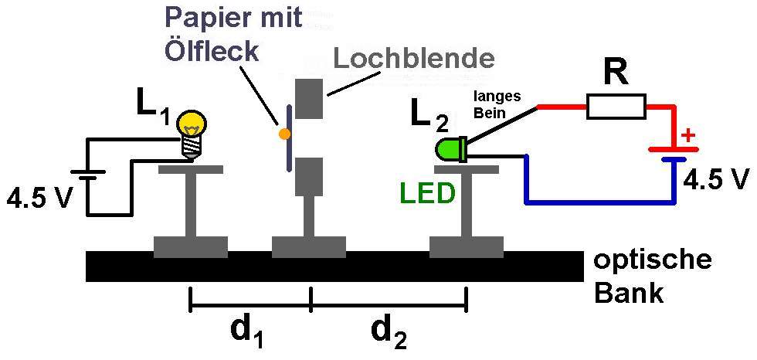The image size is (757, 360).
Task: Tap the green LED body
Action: point(450,150)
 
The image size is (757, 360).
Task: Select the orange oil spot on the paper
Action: point(283,133)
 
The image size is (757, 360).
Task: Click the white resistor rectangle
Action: point(616,106)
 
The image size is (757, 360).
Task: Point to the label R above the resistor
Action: point(617,73)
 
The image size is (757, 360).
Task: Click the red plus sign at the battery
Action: point(687,137)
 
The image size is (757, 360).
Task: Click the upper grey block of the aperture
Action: point(309,98)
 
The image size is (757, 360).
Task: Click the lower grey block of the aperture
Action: point(309,176)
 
